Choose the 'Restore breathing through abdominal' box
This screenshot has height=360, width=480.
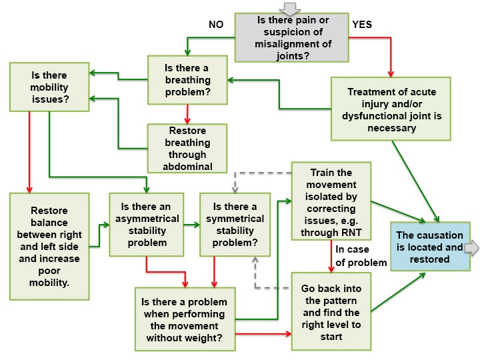tap(187, 147)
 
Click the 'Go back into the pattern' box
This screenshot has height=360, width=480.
tap(330, 311)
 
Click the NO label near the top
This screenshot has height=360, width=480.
tap(216, 24)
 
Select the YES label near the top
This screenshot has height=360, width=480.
tap(362, 24)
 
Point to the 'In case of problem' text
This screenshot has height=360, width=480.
tap(361, 256)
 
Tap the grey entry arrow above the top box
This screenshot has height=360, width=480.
tap(291, 8)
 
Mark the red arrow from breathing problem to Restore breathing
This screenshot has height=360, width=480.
tap(187, 113)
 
